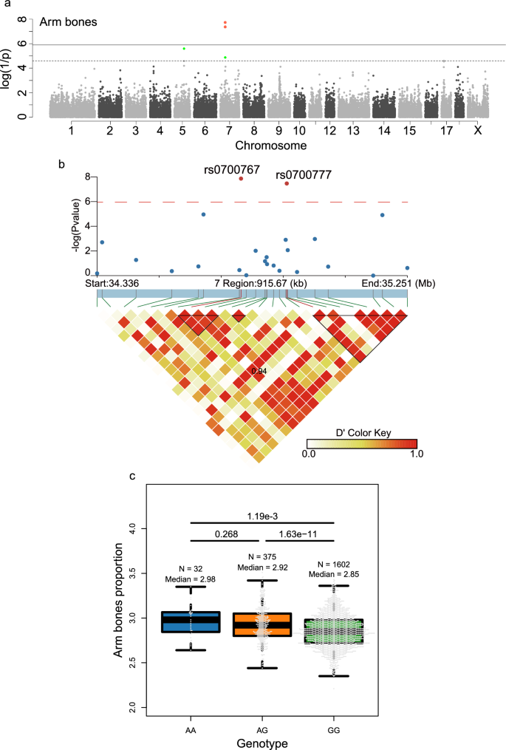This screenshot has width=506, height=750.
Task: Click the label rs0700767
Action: tap(231, 169)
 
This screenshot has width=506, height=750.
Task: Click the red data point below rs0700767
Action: tap(241, 179)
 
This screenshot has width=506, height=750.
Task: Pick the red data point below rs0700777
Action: tap(287, 183)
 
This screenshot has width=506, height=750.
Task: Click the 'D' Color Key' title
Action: tap(361, 429)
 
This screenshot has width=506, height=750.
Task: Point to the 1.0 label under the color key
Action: tap(415, 455)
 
